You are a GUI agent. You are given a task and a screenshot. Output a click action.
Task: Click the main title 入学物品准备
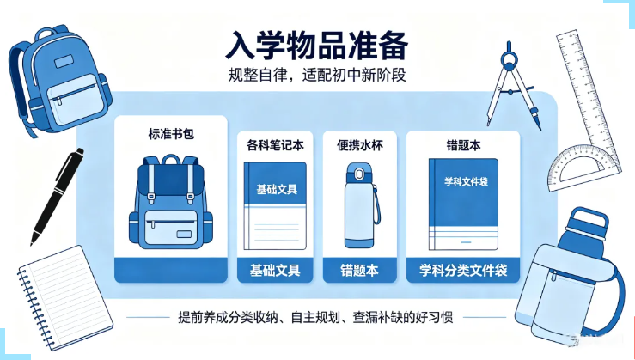click(x=317, y=46)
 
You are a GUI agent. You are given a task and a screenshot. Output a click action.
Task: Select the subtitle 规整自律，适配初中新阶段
click(x=317, y=75)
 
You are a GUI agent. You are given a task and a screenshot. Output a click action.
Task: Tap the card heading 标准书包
click(x=171, y=134)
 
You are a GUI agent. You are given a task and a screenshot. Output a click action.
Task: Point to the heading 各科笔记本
click(x=275, y=145)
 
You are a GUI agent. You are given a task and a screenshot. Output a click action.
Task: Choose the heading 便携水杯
click(x=360, y=145)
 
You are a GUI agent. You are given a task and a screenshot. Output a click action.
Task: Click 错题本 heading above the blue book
click(x=463, y=145)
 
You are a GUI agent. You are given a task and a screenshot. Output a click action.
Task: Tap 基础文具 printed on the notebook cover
click(x=277, y=189)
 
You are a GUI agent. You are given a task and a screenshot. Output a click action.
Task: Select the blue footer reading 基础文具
click(x=275, y=270)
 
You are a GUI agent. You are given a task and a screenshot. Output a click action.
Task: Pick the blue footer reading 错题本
click(x=360, y=270)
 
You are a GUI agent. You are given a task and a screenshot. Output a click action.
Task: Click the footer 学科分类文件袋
click(x=463, y=270)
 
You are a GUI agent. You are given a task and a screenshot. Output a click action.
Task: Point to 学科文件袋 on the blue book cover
click(x=466, y=182)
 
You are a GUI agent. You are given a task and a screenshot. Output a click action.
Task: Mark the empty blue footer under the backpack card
click(x=171, y=270)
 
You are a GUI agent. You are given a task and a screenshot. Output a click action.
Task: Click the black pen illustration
click(x=57, y=197)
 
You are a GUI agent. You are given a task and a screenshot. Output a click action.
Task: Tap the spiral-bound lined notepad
click(x=64, y=297)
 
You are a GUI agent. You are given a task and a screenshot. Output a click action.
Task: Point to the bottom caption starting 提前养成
click(x=315, y=317)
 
